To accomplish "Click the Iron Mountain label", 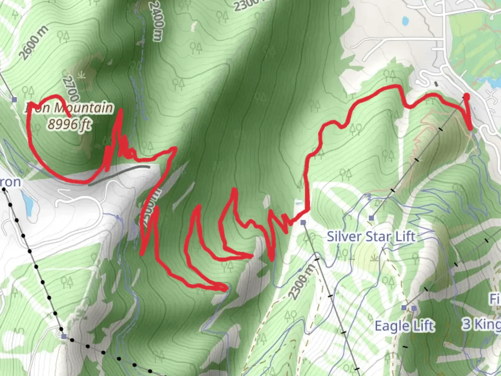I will tap(70, 108).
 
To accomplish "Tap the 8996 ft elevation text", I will tap(69, 124).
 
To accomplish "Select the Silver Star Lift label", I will tap(371, 237).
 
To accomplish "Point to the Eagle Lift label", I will tap(404, 326).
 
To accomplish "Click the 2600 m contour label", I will tap(33, 43).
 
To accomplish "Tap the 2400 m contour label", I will tap(156, 21).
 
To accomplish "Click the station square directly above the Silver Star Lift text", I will tap(371, 218).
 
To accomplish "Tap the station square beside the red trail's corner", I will tap(303, 222).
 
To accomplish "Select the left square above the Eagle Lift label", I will tap(404, 308).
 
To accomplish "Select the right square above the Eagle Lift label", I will tap(414, 308).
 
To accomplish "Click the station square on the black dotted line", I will tap(64, 336).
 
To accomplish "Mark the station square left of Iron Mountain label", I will tap(14, 100).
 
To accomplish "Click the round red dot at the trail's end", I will tap(467, 96).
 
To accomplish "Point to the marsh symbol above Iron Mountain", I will tap(82, 75).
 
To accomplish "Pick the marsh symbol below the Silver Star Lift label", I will tap(375, 258).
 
